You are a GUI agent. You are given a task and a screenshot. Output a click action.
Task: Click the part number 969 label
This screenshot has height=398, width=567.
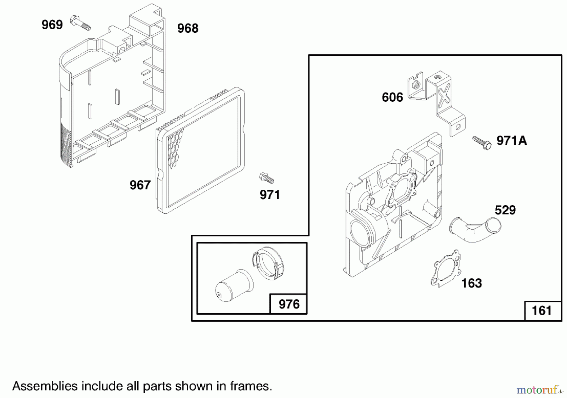[x=52, y=25]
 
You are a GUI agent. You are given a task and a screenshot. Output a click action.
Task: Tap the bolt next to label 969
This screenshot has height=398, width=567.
[x=81, y=22]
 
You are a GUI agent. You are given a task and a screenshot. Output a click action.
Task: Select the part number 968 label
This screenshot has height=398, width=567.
[x=188, y=28]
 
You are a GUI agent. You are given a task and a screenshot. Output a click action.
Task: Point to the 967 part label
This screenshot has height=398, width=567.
[x=140, y=185]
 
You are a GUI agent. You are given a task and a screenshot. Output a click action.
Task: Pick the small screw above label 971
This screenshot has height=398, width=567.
[x=266, y=178]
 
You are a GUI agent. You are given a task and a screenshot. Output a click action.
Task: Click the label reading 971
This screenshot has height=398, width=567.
[x=270, y=195]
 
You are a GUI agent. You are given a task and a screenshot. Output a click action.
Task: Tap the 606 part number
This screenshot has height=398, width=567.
[x=392, y=98]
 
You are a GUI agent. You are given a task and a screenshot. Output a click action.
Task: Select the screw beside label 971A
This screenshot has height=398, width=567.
[x=482, y=143]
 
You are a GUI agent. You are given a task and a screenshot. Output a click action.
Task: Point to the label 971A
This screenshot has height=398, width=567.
[x=512, y=140]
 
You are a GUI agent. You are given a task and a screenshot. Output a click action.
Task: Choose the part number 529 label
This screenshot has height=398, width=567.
[x=505, y=210]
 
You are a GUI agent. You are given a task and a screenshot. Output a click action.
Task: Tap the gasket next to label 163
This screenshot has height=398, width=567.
[x=445, y=268]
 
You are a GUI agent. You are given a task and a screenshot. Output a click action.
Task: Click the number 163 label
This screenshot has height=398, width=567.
[x=472, y=283]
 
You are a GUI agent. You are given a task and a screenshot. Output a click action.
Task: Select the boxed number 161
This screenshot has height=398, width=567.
[x=542, y=311]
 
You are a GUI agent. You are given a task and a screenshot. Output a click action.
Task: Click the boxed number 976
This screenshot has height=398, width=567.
[x=289, y=304]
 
